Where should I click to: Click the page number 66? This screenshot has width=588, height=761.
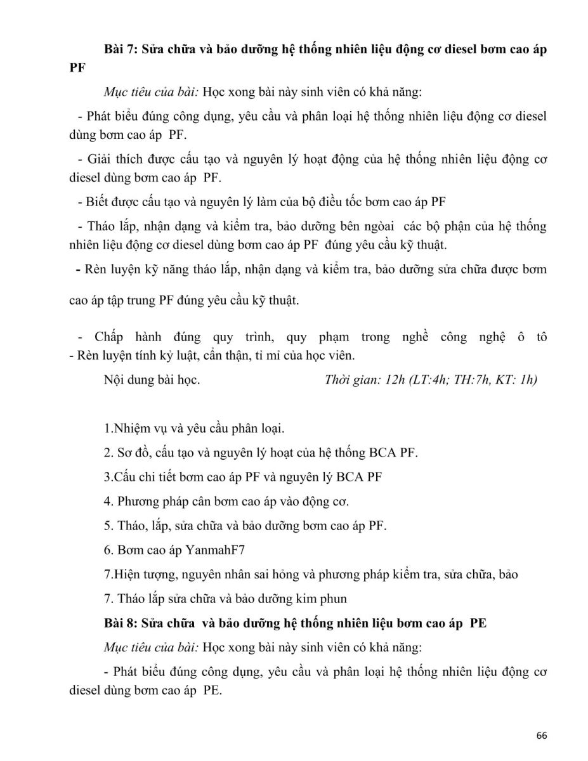click(541, 736)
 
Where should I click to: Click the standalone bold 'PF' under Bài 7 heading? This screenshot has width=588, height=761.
click(77, 67)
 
